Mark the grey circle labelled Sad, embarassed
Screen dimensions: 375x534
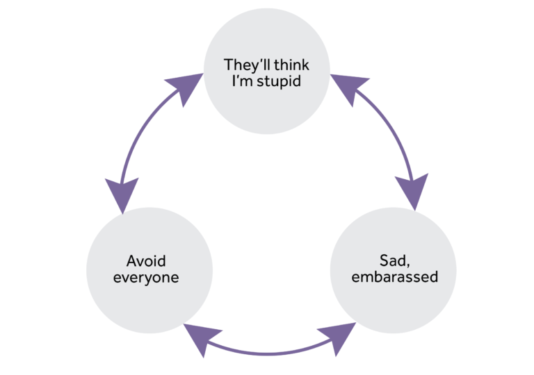391,269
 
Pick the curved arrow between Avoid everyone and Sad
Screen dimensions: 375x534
268,351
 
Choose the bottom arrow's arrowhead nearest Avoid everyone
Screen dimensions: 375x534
197,336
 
